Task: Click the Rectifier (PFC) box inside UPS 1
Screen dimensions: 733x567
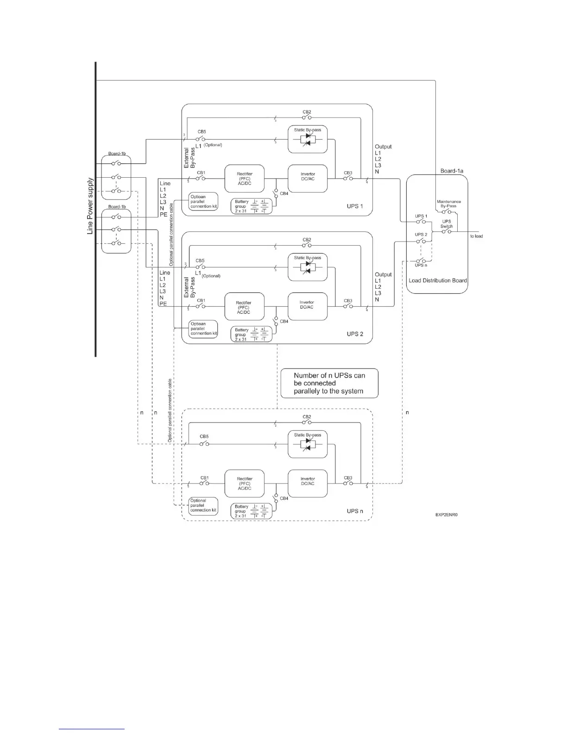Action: tap(245, 179)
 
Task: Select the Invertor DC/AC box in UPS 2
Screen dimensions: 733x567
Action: tap(308, 306)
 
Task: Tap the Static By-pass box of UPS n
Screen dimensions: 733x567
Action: tap(308, 444)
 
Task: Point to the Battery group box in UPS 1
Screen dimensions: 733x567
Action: tap(252, 206)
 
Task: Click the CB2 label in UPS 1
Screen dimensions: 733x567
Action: tap(307, 112)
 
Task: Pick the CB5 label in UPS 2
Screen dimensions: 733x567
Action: tap(200, 261)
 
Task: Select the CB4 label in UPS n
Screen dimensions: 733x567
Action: tap(284, 498)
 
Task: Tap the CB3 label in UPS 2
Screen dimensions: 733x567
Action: tap(348, 301)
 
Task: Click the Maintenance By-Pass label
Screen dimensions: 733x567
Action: tap(448, 204)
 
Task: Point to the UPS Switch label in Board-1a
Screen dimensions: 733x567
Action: tap(447, 224)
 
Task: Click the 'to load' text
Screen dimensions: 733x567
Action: tap(476, 236)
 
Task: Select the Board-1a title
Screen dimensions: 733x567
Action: tap(452, 171)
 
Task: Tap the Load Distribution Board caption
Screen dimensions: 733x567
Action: tap(437, 280)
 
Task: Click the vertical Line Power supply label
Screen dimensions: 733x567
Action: tap(90, 206)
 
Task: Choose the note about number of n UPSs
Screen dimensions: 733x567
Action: tap(329, 383)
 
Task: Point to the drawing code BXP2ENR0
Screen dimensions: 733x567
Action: tap(449, 515)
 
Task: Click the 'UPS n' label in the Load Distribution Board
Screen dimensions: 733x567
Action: tap(421, 265)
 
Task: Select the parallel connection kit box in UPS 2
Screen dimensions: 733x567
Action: tap(203, 329)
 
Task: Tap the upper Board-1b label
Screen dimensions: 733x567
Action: tap(117, 154)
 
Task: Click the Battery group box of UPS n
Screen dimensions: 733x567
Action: tap(252, 511)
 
